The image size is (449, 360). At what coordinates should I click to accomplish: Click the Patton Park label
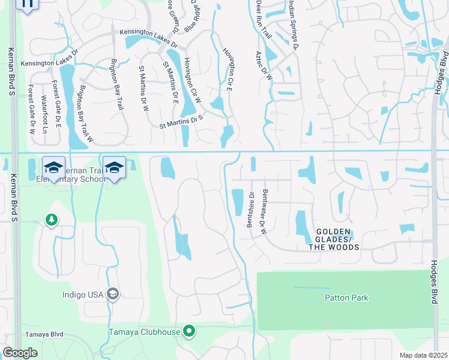[x=346, y=298]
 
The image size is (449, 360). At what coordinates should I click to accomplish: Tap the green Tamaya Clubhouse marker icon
[x=190, y=331]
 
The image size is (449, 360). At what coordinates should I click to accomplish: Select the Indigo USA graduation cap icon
[x=112, y=294]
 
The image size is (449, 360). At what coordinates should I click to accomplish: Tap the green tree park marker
[x=52, y=220]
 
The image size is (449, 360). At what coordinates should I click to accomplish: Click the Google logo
[x=20, y=353]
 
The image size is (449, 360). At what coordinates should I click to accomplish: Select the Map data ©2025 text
[x=423, y=355]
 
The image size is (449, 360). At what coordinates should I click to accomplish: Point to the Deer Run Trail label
[x=260, y=19]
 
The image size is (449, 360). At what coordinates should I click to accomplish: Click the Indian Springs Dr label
[x=294, y=24]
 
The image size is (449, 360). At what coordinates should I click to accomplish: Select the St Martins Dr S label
[x=182, y=122]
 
